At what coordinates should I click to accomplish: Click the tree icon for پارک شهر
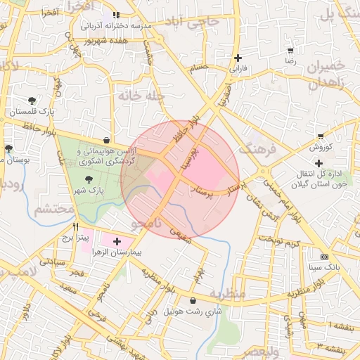tap(87, 179)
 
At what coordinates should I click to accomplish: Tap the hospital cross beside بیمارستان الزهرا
tap(117, 241)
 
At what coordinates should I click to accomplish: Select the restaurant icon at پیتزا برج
tap(76, 227)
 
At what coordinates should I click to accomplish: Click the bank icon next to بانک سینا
tap(323, 257)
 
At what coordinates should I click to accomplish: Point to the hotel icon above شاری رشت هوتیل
tap(193, 300)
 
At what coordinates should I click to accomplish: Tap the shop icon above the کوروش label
tap(321, 136)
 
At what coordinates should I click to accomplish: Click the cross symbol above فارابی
tap(238, 58)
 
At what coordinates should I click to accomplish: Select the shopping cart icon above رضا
tap(290, 51)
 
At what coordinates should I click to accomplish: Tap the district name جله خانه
tap(141, 95)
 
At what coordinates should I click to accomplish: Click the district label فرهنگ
tap(255, 149)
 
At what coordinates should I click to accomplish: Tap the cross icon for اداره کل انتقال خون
tap(319, 163)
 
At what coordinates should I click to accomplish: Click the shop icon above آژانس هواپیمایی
tap(105, 140)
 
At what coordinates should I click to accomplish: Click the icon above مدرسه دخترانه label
tap(116, 14)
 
